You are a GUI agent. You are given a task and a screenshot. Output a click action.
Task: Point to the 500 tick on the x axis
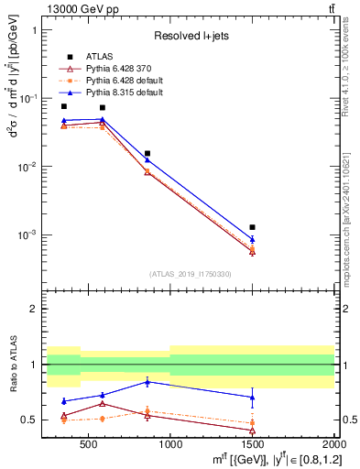pyautogui.click(x=88, y=445)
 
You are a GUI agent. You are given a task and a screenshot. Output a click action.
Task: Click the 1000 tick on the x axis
pyautogui.click(x=170, y=445)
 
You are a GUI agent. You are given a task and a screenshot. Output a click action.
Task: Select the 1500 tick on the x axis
pyautogui.click(x=253, y=445)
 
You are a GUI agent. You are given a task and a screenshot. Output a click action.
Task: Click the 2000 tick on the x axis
pyautogui.click(x=333, y=445)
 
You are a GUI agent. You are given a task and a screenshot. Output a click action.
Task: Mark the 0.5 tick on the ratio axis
pyautogui.click(x=34, y=420)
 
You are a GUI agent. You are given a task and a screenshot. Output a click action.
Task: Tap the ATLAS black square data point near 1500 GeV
pyautogui.click(x=253, y=226)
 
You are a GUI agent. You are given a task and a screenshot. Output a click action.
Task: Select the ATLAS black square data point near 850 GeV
pyautogui.click(x=147, y=153)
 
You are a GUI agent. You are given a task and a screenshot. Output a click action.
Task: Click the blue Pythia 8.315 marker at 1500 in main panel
pyautogui.click(x=253, y=239)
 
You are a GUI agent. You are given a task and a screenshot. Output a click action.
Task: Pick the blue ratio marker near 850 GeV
pyautogui.click(x=147, y=381)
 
